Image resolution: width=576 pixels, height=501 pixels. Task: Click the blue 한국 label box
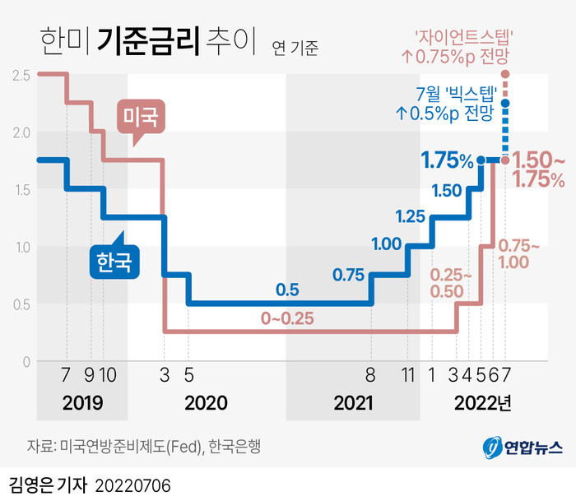coord(114,264)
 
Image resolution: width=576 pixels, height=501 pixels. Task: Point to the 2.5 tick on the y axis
coord(22,76)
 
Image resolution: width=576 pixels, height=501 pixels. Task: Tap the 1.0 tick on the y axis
coord(22,248)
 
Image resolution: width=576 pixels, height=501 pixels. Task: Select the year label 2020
coord(206,403)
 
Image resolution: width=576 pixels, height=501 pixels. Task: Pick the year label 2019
coord(81,403)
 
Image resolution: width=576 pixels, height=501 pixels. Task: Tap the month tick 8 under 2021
coord(371,375)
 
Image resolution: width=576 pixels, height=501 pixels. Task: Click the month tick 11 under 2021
coord(408,375)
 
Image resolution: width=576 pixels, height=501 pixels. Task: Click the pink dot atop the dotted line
coord(504,75)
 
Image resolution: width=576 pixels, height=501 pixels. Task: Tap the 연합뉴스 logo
coord(522,448)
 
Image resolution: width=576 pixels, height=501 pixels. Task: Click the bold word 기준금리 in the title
coord(148,40)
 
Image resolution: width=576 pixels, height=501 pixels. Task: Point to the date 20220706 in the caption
coord(134,483)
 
